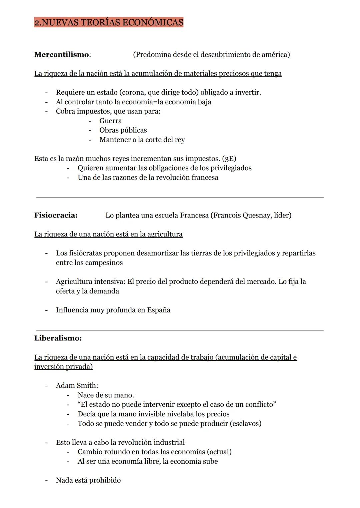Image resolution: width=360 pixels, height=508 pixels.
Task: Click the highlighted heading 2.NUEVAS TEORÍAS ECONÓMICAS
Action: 109,22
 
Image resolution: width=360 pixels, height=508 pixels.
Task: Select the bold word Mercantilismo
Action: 62,55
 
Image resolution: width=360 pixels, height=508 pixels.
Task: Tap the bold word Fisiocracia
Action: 55,215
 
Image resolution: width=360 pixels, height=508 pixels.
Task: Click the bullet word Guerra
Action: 110,121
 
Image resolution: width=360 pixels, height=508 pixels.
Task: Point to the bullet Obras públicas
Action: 123,130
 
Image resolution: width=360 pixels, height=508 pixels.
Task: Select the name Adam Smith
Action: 76,386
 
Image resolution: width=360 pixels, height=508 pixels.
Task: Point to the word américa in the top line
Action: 273,55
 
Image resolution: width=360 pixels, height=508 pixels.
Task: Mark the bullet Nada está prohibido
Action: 88,480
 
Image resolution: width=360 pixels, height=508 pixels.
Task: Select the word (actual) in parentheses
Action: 219,452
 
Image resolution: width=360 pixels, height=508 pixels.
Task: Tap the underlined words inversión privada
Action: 63,367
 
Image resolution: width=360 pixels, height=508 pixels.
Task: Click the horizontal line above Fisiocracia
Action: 180,198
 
